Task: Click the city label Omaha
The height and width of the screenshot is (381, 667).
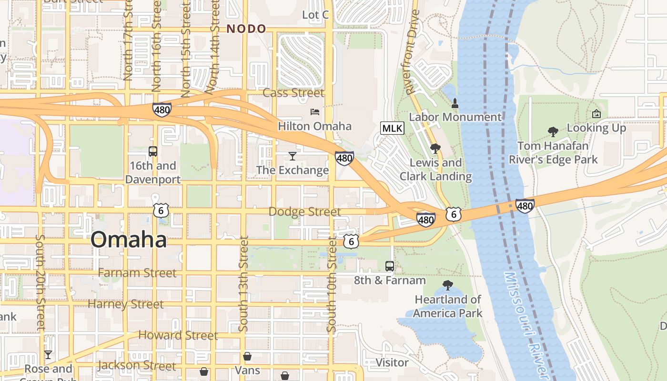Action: pyautogui.click(x=129, y=240)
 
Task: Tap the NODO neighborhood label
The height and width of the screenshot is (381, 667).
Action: pyautogui.click(x=246, y=29)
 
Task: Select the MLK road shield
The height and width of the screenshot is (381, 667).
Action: pyautogui.click(x=392, y=128)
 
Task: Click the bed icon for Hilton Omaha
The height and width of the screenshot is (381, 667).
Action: pyautogui.click(x=315, y=112)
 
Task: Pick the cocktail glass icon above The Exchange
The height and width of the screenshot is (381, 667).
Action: pyautogui.click(x=293, y=156)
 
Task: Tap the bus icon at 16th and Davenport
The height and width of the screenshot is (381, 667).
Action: pyautogui.click(x=153, y=151)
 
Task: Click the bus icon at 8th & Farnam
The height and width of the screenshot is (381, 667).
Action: pyautogui.click(x=390, y=266)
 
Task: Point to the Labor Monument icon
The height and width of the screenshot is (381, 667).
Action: pyautogui.click(x=455, y=103)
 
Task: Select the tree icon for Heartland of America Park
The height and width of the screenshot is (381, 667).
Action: pyautogui.click(x=447, y=285)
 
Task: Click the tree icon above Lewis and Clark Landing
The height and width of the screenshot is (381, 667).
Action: pyautogui.click(x=435, y=149)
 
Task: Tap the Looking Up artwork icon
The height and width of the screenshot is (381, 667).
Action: pyautogui.click(x=596, y=114)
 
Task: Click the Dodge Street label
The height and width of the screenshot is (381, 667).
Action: pyautogui.click(x=305, y=211)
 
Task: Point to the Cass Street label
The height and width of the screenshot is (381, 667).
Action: pyautogui.click(x=293, y=93)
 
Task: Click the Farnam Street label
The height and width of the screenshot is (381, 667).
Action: pyautogui.click(x=137, y=273)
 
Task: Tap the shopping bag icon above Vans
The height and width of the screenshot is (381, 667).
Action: pyautogui.click(x=247, y=356)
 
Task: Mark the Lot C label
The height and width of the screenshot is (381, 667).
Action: pyautogui.click(x=315, y=15)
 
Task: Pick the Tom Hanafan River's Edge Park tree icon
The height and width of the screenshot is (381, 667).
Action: pyautogui.click(x=553, y=131)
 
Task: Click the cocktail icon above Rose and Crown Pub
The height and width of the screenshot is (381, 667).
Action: pyautogui.click(x=48, y=355)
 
